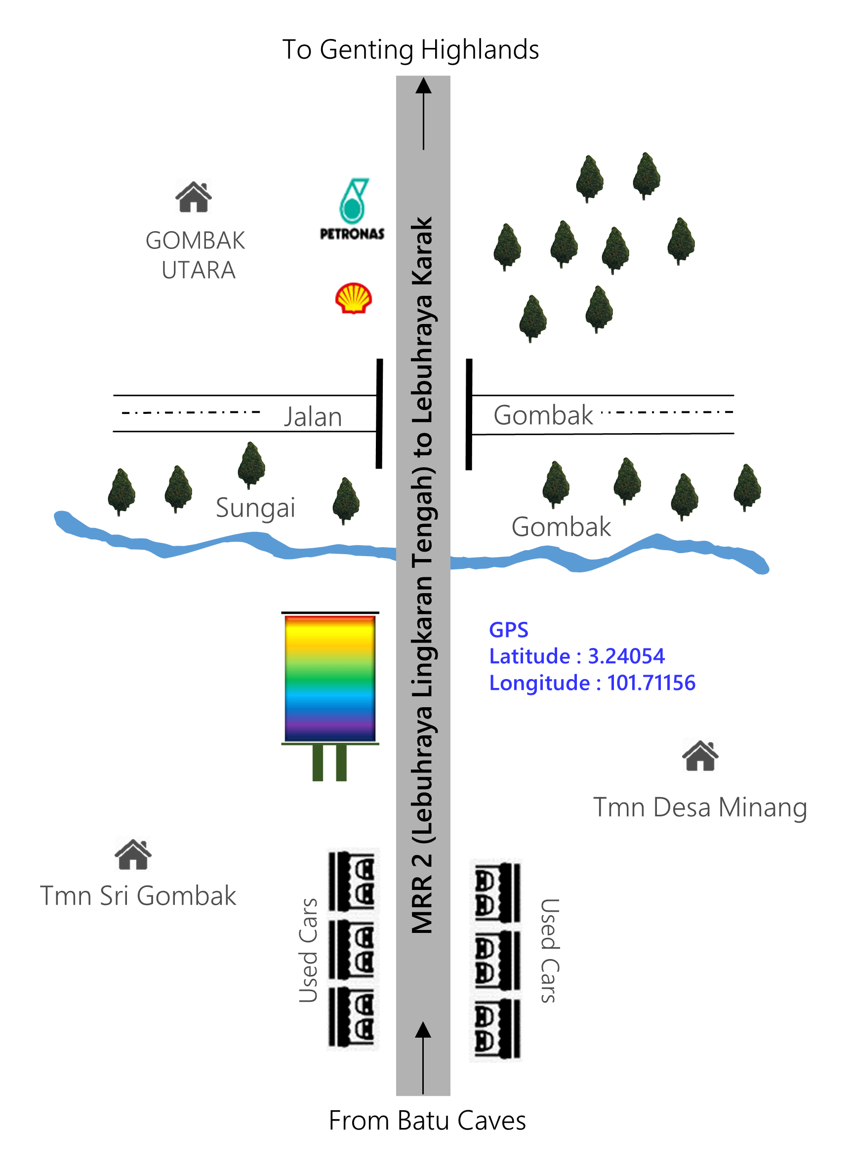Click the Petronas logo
pos(352,209)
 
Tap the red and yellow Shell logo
pos(353,298)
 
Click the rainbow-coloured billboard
pos(330,679)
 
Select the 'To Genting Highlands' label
pos(410,50)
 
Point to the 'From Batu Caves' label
pos(427,1121)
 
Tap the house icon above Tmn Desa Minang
pos(700,756)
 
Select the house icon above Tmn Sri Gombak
pos(133,854)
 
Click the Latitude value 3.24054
pos(626,656)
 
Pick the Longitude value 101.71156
pos(651,683)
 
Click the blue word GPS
pos(509,630)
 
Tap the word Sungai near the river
pos(255,507)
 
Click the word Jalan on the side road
pos(313,417)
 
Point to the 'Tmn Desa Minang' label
pos(700,807)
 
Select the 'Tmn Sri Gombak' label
pos(138,896)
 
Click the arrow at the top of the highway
pos(423,114)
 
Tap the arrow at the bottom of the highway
pos(423,1057)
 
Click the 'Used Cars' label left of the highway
pos(308,950)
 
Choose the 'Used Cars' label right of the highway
pos(549,950)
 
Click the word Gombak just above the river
pos(561,526)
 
